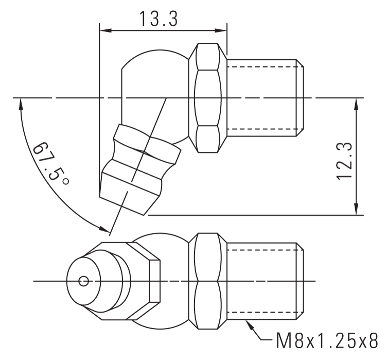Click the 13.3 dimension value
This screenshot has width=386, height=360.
[158, 19]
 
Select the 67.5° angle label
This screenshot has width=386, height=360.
[50, 164]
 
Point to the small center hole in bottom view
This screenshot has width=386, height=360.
[84, 281]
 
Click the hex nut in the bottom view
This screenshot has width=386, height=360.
[208, 281]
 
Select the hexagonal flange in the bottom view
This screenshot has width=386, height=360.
[149, 281]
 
